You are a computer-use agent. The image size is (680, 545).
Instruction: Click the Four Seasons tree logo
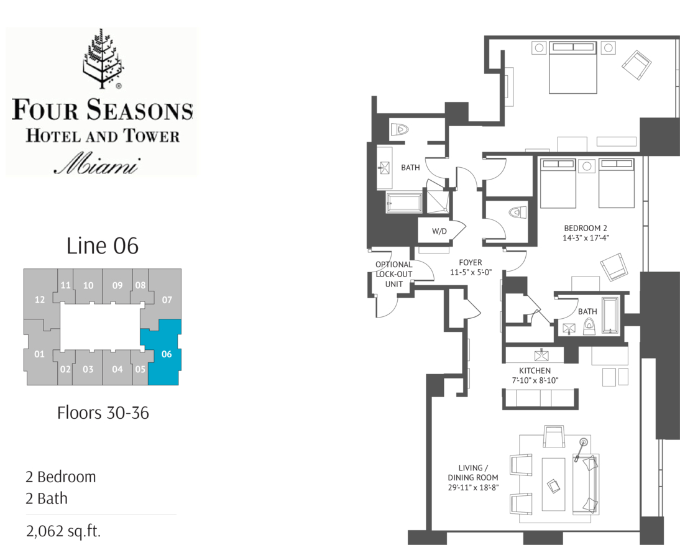point(103,58)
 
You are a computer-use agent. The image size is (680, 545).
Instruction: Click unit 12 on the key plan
point(40,300)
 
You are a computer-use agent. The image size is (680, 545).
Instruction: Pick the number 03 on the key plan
point(88,369)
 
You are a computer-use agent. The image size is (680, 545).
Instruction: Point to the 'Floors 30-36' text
point(103,413)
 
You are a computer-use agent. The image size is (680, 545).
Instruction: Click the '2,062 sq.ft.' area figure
point(63,531)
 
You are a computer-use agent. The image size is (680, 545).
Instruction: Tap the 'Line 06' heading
point(103,246)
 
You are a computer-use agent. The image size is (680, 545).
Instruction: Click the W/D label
point(439,231)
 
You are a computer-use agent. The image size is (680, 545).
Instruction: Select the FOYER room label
point(471,263)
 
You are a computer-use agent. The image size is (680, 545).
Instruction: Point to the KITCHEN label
point(535,371)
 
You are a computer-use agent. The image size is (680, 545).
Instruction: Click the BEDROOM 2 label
point(586,228)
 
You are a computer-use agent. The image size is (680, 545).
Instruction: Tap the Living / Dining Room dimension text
point(473,487)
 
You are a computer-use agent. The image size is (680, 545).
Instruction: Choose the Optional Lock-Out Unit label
point(394,274)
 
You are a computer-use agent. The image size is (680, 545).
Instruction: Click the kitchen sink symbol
point(541,355)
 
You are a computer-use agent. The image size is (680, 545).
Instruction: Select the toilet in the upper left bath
point(400,130)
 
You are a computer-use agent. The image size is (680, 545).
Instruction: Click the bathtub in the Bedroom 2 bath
point(610,316)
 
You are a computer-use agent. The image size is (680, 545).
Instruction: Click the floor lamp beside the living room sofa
point(581,449)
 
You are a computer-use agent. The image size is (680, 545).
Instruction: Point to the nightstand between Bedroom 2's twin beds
point(587,166)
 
